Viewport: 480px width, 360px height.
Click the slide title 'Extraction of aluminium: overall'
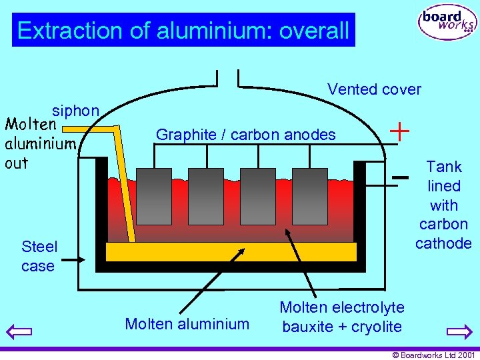click(x=183, y=30)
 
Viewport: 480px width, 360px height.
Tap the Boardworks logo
click(x=447, y=23)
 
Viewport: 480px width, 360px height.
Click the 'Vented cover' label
click(x=374, y=89)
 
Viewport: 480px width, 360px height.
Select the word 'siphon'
click(x=76, y=111)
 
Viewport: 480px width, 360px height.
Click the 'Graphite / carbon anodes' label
click(x=245, y=135)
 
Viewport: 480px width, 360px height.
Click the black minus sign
click(x=400, y=177)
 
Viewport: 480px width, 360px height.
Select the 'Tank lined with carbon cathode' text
click(x=443, y=205)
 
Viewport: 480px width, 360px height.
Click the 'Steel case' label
click(x=39, y=256)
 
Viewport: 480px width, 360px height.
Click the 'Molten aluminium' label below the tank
click(x=187, y=324)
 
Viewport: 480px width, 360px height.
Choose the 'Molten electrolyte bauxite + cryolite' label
click(x=342, y=317)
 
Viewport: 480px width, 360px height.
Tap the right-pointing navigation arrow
click(x=459, y=331)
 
